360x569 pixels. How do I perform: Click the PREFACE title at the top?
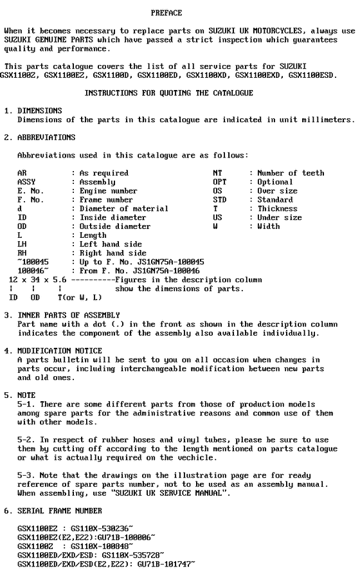(x=166, y=13)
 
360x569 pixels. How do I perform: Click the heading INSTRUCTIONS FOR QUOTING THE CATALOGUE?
(x=169, y=93)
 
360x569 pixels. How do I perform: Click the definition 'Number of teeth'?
(x=291, y=173)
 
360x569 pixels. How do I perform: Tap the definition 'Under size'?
(x=280, y=218)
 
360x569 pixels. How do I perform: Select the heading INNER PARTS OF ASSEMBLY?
(x=68, y=315)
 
